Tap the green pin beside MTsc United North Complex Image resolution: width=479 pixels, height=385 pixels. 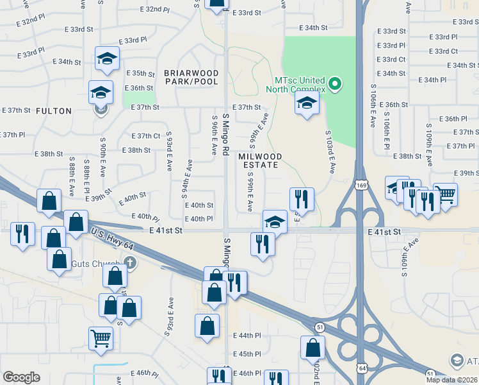(334, 84)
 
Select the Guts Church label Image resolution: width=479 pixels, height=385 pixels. (102, 263)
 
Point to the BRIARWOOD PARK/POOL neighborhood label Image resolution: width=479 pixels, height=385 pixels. (191, 77)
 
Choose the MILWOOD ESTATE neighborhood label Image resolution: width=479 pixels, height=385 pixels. (259, 160)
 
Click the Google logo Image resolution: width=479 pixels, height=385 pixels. (21, 377)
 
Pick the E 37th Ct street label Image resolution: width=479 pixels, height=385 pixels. (145, 136)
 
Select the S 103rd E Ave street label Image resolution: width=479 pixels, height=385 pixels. (330, 152)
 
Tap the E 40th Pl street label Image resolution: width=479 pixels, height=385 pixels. (199, 219)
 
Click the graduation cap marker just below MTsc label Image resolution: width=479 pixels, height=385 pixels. (307, 103)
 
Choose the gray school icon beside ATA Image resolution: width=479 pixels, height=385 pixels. (457, 361)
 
